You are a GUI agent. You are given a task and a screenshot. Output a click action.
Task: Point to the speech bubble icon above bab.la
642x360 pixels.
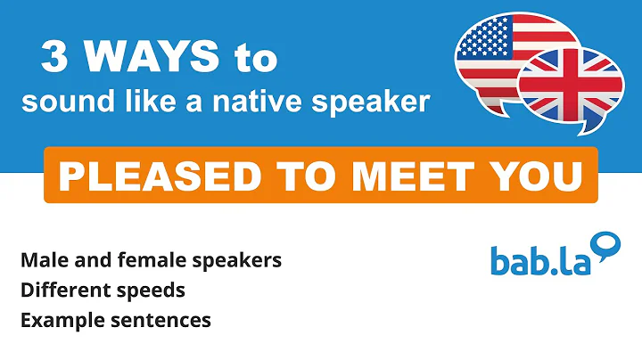coord(605,244)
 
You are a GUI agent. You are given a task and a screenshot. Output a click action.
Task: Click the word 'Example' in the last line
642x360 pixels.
coord(58,319)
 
